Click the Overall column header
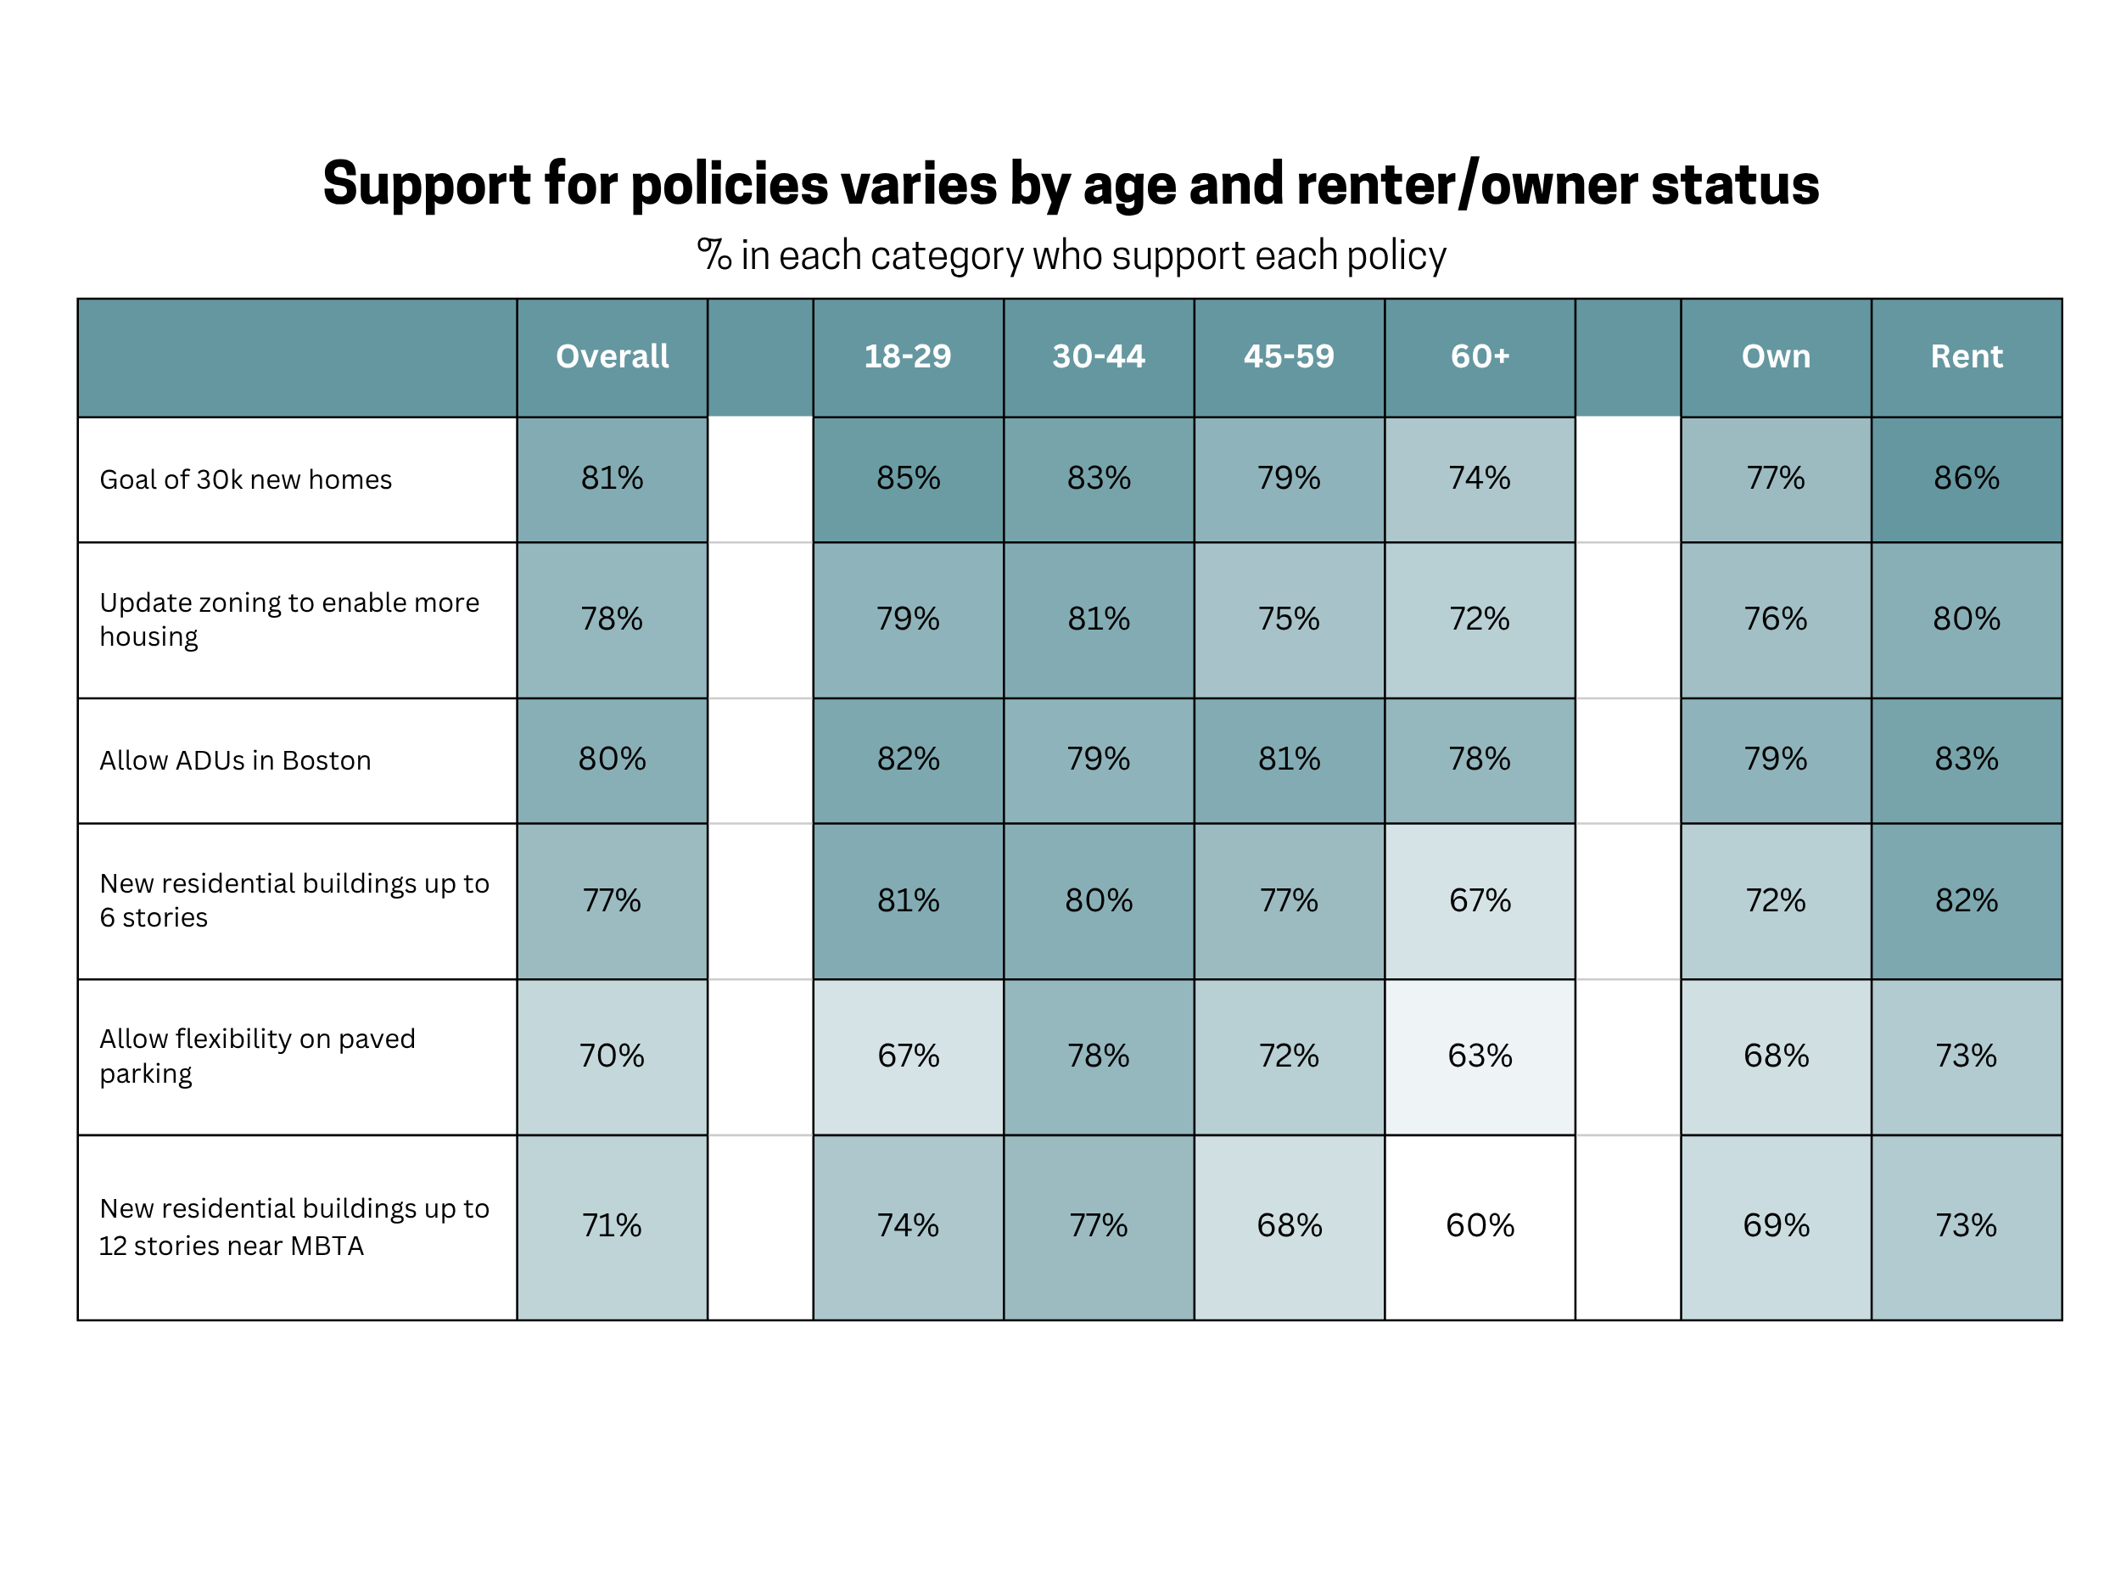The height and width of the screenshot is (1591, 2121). (612, 356)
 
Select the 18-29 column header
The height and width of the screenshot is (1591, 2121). (907, 356)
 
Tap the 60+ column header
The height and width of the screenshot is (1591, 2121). (1480, 356)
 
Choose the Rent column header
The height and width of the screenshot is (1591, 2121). (1966, 356)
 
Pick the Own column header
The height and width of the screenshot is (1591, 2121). (1776, 356)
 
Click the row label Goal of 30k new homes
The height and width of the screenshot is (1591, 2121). (245, 479)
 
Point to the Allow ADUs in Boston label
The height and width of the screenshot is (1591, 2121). (235, 760)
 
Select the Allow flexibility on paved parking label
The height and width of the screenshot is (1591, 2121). (257, 1056)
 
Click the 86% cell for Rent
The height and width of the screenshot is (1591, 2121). (1966, 479)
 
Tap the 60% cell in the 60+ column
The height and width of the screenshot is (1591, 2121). (1480, 1225)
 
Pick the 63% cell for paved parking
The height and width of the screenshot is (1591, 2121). (1480, 1056)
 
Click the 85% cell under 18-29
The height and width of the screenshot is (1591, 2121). (907, 479)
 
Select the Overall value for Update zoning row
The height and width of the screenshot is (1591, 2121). (612, 619)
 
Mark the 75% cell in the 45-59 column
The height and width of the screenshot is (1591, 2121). (1289, 619)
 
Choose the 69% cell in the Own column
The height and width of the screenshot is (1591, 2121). (1776, 1225)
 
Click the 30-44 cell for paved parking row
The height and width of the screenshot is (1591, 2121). (1099, 1056)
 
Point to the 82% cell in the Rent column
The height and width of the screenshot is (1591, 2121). (1966, 900)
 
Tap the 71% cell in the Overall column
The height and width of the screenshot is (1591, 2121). (612, 1225)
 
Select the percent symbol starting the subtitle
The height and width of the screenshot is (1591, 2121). (714, 255)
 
